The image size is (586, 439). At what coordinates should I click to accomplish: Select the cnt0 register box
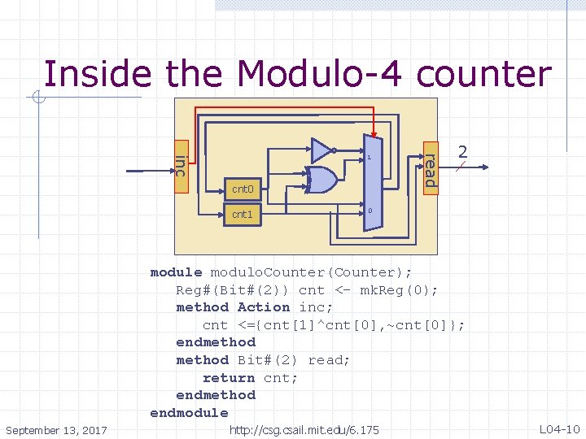[243, 189]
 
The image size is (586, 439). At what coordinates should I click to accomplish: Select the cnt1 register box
[243, 215]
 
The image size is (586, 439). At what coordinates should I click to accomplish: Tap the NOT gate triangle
[321, 150]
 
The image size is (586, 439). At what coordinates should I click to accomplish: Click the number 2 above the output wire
[463, 152]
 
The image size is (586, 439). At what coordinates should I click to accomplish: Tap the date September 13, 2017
[56, 429]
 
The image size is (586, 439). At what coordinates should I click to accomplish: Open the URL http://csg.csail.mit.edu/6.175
[304, 429]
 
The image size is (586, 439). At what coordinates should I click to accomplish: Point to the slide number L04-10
[559, 428]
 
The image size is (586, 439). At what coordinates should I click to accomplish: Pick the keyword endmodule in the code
[189, 413]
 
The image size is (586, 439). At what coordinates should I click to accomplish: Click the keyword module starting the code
[176, 272]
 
